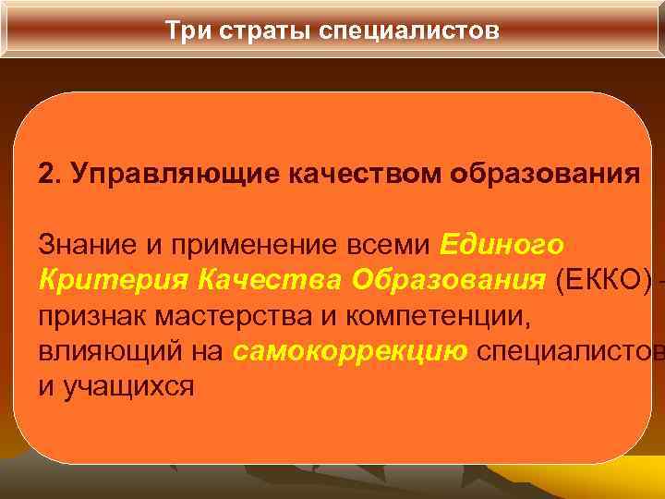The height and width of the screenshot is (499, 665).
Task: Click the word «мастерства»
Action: pyautogui.click(x=242, y=316)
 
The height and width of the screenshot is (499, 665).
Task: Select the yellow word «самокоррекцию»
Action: pyautogui.click(x=350, y=351)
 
